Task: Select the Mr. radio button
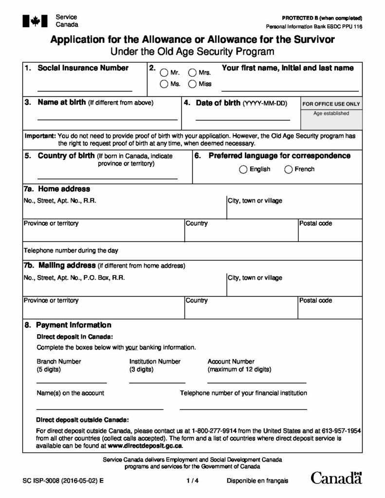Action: point(164,73)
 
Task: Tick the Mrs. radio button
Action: point(192,73)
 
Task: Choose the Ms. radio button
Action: point(164,84)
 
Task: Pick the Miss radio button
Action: point(192,84)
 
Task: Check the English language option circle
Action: point(243,169)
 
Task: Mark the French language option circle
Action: point(288,169)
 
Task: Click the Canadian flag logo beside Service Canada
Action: point(35,20)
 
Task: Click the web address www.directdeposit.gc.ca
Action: point(145,445)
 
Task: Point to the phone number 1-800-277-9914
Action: point(217,431)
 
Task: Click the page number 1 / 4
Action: point(192,481)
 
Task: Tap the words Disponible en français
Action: point(257,481)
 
